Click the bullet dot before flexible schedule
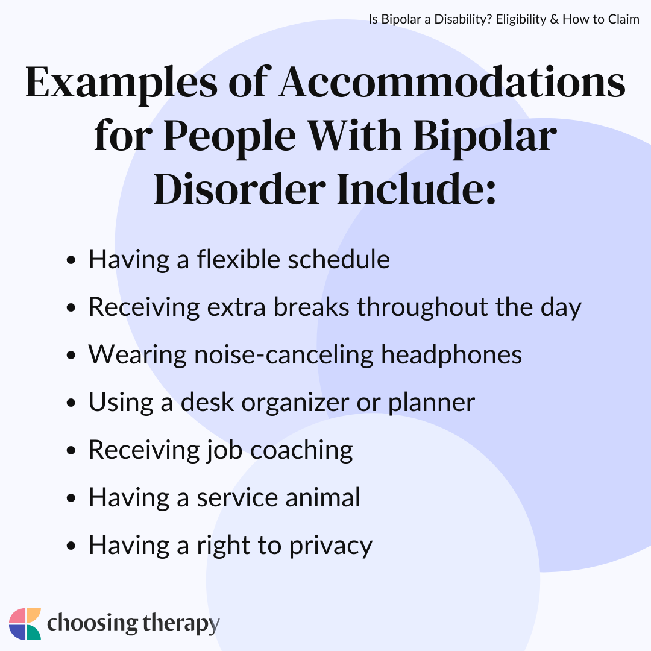(x=72, y=261)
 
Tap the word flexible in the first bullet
(x=237, y=260)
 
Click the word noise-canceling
(x=278, y=354)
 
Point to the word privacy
(x=332, y=545)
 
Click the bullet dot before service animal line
(x=72, y=498)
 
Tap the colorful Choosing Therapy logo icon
(x=25, y=624)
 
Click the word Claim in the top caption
(x=625, y=19)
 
